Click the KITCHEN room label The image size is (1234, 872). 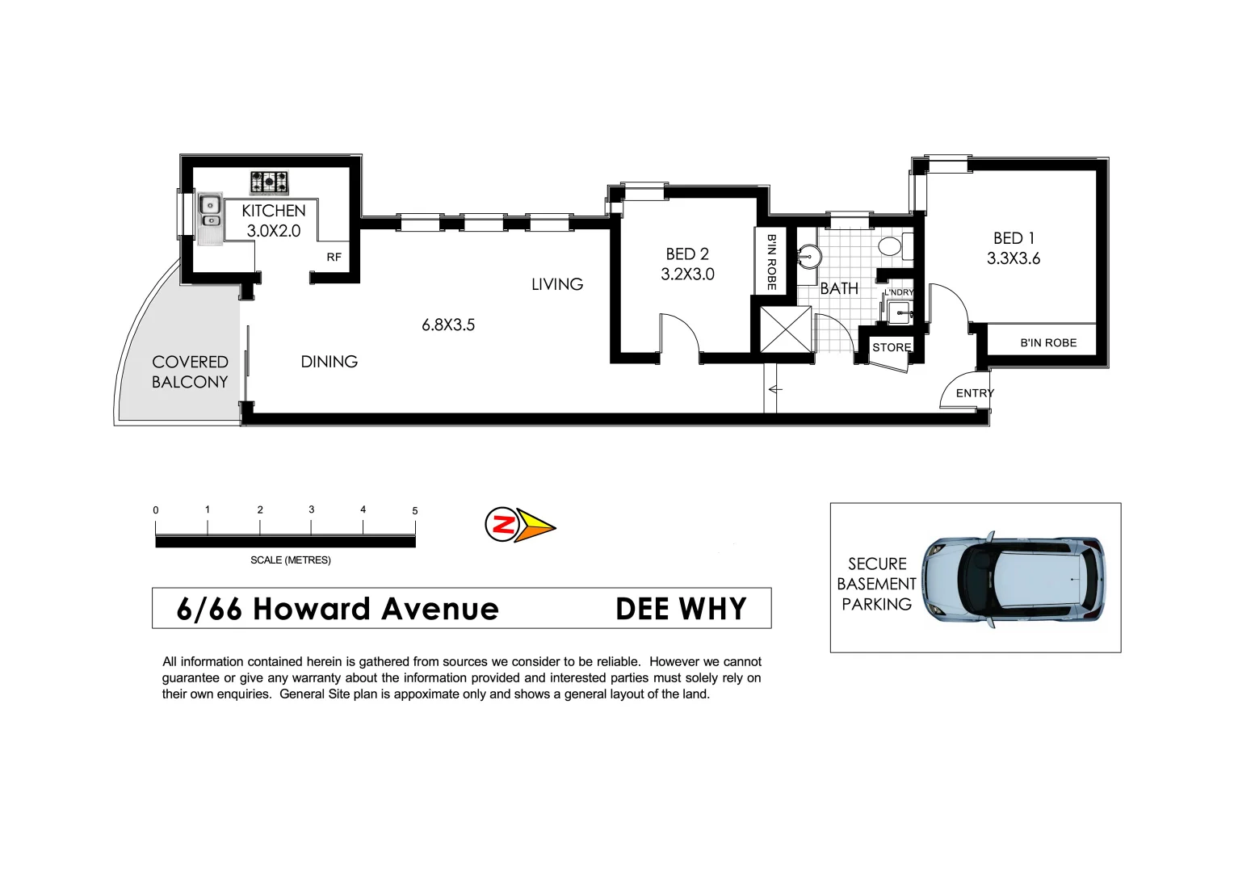point(273,211)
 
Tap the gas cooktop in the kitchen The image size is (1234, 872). point(269,183)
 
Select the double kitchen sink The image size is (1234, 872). point(210,211)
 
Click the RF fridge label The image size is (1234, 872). point(334,258)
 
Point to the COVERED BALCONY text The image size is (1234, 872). point(190,371)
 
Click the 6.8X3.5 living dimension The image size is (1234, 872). point(448,325)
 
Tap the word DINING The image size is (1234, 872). point(329,362)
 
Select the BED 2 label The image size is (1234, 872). point(687,254)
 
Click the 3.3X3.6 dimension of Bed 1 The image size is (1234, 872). point(1014,258)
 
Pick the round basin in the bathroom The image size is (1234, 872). point(809,257)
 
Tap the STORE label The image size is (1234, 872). point(892,347)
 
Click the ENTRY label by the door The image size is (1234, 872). point(975,393)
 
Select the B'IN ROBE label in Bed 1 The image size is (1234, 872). point(1048,342)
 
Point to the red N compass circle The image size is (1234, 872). point(502,525)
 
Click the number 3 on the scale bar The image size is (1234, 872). point(312,509)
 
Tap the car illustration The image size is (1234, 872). point(1014,580)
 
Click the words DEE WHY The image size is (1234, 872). point(681,609)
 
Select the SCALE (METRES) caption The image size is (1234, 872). point(290,560)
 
